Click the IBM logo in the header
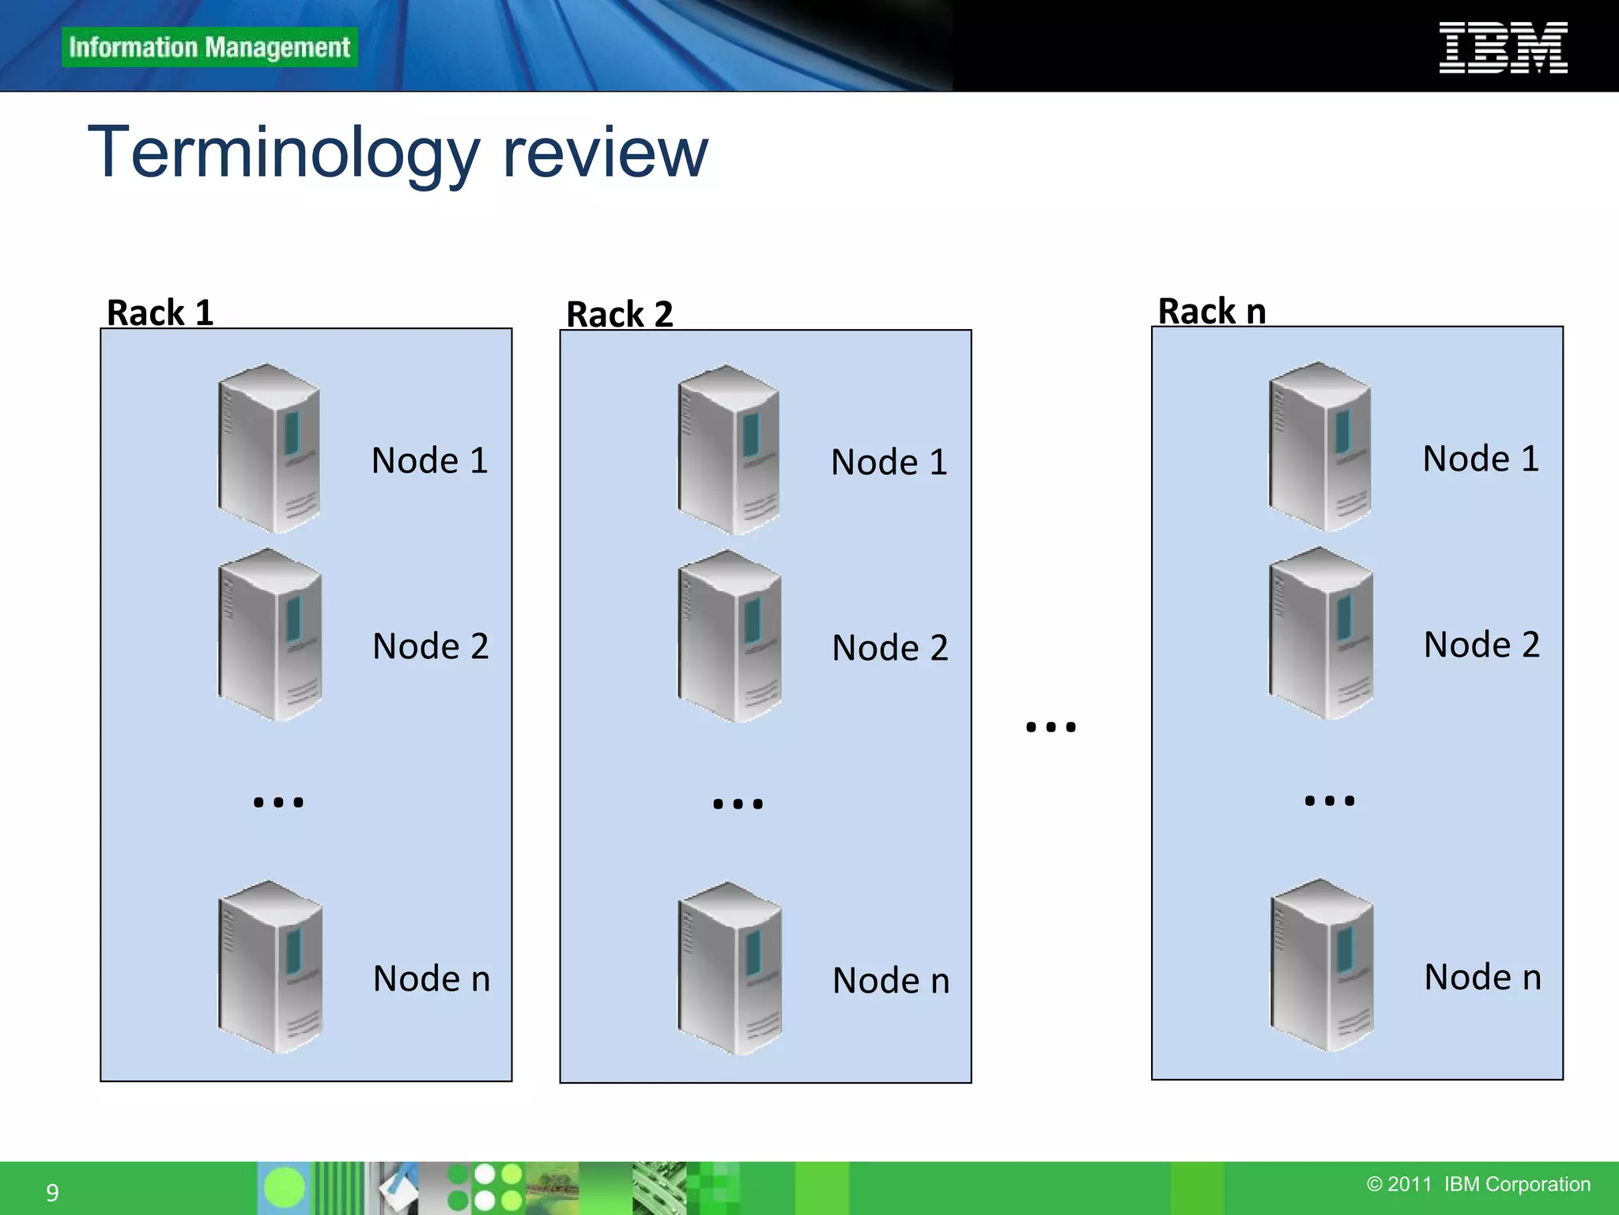point(1503,47)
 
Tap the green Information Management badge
point(209,47)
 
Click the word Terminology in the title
point(284,153)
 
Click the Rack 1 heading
point(160,312)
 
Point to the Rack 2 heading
point(620,314)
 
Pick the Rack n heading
point(1212,311)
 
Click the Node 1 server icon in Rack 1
point(269,448)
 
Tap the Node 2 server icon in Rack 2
point(729,636)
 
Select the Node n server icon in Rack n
point(1322,965)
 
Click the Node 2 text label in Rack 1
point(431,646)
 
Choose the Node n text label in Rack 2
point(891,981)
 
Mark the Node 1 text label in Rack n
point(1481,459)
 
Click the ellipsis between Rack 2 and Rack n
point(1051,727)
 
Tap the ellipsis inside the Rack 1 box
point(278,802)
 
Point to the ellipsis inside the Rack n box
point(1330,801)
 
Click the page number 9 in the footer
point(52,1192)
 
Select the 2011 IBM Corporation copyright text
point(1478,1184)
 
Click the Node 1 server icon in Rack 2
point(729,449)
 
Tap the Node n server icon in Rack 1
point(270,967)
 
